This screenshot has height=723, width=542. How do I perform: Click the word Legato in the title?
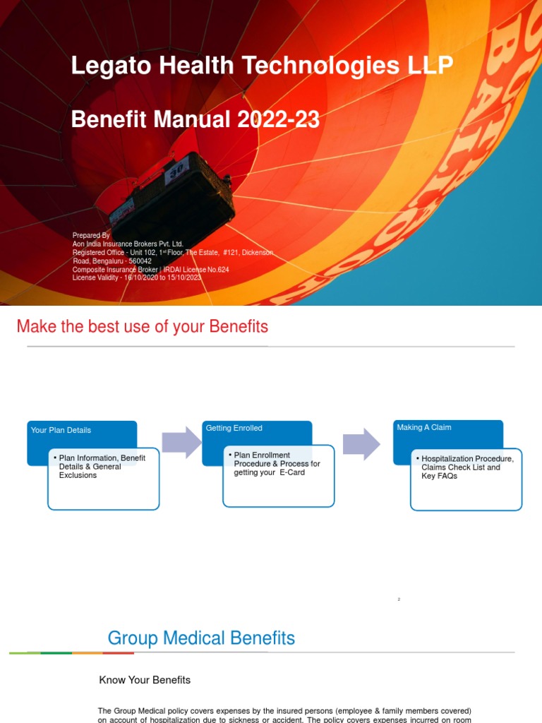tap(104, 66)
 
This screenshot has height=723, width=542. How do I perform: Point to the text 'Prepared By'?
tap(91, 235)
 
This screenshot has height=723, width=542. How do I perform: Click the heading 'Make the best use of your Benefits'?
tap(142, 327)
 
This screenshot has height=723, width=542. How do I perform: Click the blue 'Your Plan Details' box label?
tap(61, 430)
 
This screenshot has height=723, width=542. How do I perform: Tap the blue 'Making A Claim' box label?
tap(424, 427)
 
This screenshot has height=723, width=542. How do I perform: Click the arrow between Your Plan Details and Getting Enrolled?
tap(181, 441)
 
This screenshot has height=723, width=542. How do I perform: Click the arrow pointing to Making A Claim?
tap(362, 442)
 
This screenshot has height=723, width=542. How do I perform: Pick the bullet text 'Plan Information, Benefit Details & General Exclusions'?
tap(102, 467)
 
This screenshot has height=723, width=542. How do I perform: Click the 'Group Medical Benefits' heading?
tap(201, 638)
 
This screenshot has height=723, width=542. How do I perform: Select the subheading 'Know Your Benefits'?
tap(145, 680)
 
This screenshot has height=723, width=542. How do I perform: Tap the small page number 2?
tap(399, 599)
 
